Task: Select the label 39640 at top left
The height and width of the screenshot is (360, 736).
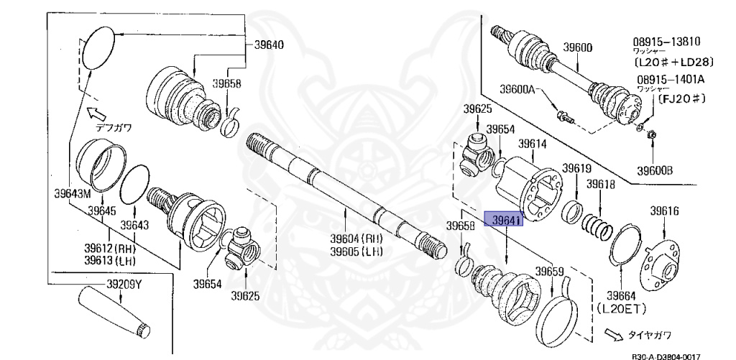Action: (268, 45)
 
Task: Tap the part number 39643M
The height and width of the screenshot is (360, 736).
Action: (73, 193)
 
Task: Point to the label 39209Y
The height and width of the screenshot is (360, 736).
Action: (124, 285)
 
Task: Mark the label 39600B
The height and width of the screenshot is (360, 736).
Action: (654, 170)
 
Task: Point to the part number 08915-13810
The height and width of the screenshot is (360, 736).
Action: (667, 42)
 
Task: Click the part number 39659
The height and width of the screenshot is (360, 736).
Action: (549, 273)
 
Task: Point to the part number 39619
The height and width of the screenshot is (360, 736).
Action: (576, 169)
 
